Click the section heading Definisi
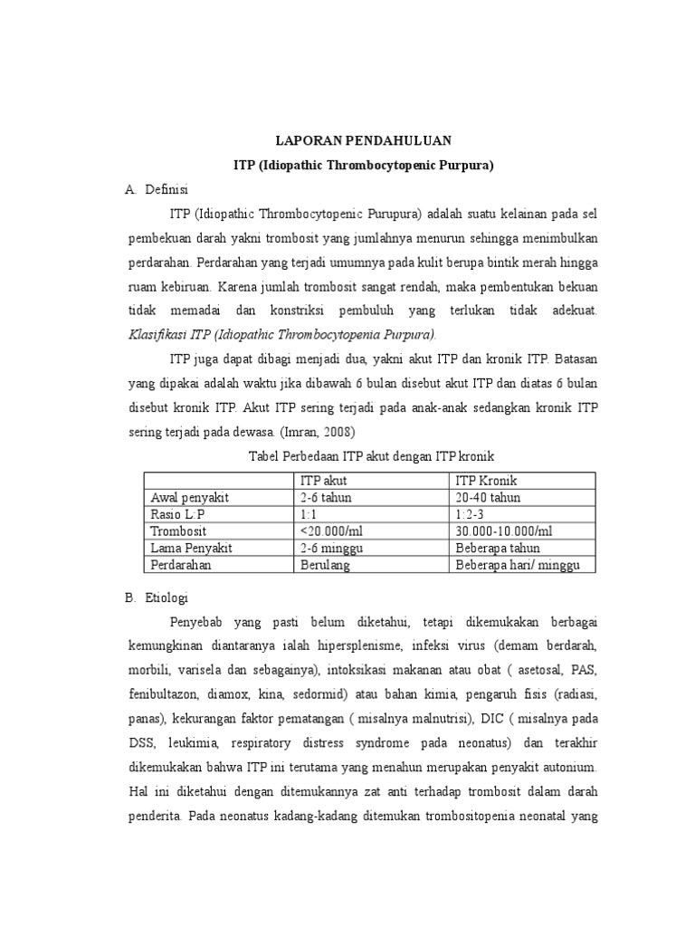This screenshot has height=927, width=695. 165,190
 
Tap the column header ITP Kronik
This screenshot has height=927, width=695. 486,480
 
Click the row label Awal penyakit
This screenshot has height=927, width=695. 189,497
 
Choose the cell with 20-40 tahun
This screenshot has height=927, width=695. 488,497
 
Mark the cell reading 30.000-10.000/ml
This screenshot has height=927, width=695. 503,530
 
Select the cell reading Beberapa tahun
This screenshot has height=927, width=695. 498,548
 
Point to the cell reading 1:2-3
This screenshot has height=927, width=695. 471,514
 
